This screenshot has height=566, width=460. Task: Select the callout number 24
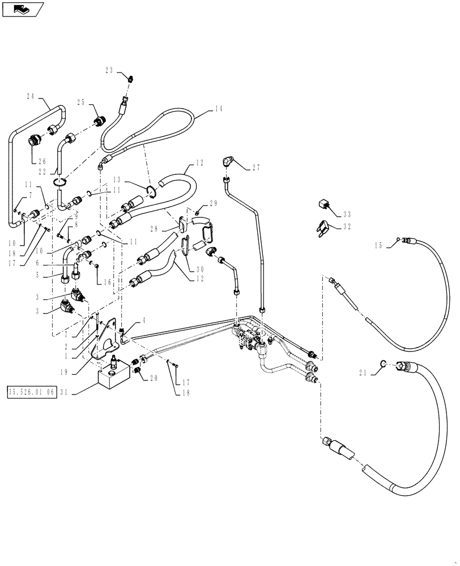[31, 96]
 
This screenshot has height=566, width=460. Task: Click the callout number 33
[347, 214]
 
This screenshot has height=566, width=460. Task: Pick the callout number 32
[347, 226]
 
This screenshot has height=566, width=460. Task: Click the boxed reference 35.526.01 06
[32, 392]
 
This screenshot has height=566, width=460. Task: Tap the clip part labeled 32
[323, 227]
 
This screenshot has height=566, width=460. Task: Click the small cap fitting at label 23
[131, 79]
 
